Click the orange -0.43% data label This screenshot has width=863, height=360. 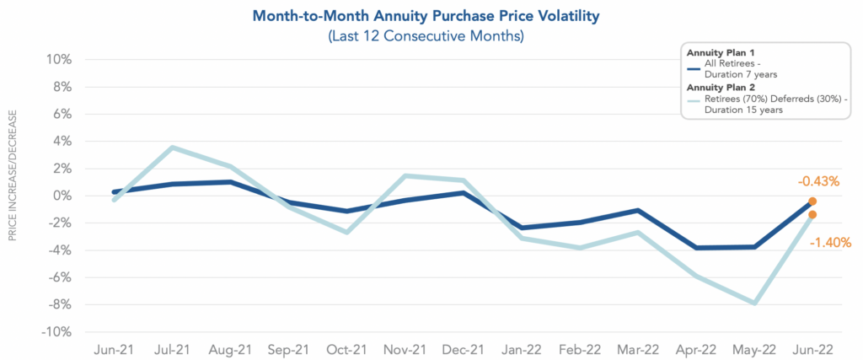[817, 180]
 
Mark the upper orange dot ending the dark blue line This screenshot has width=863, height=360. [812, 201]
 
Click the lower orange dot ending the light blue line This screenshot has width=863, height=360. [812, 215]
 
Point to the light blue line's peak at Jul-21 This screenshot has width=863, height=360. [172, 148]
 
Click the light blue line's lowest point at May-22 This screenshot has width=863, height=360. [754, 303]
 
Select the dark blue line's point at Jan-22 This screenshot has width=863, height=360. [523, 228]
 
